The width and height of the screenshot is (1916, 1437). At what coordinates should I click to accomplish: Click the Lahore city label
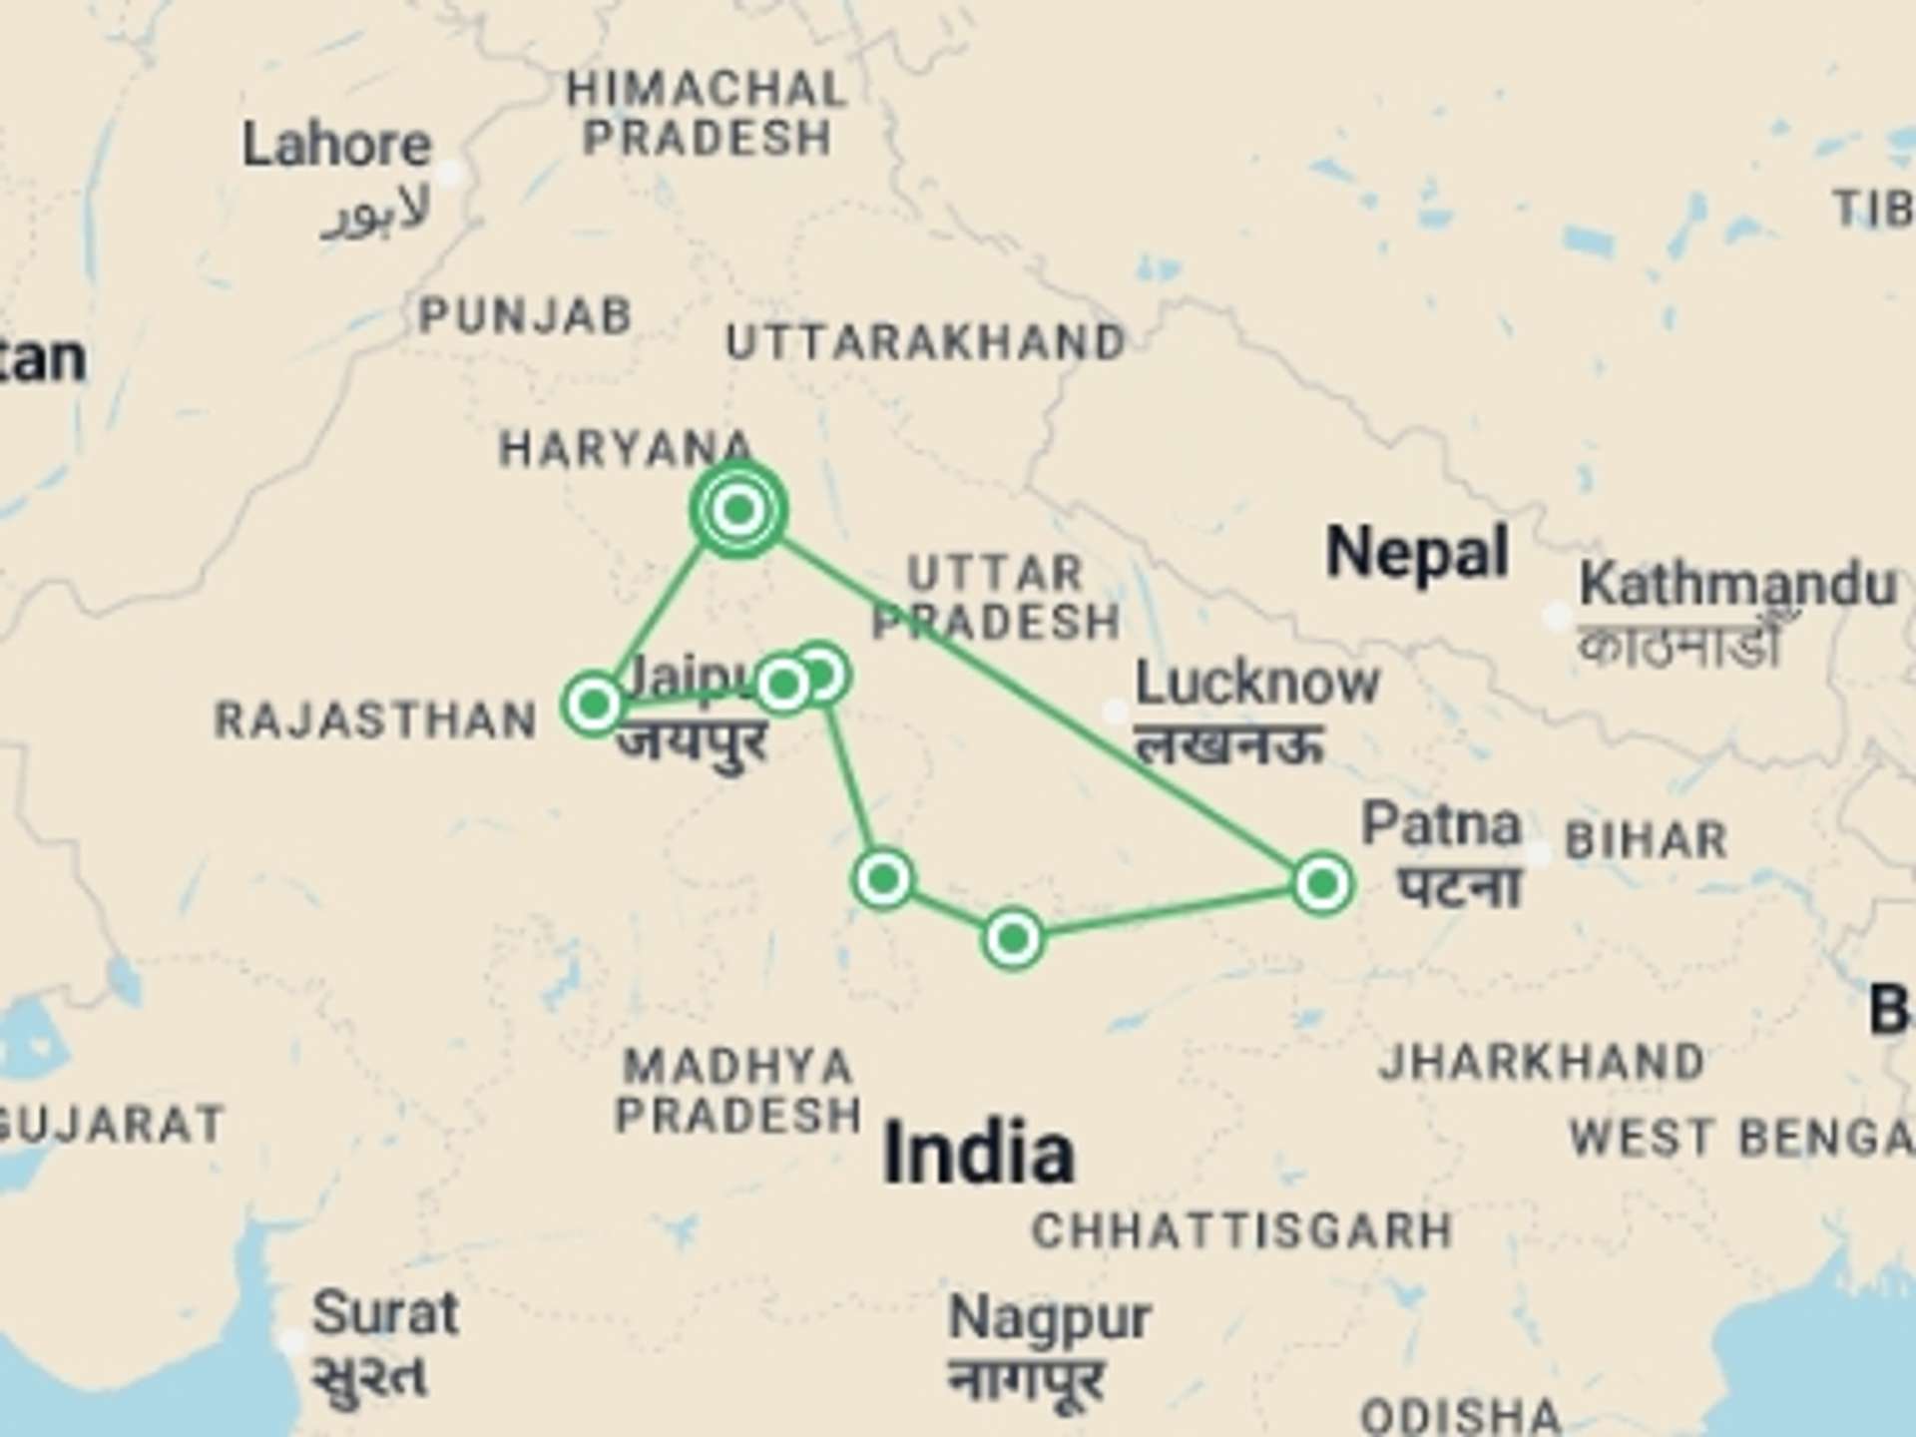click(x=336, y=146)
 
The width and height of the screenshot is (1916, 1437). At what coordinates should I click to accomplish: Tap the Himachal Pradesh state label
click(x=708, y=114)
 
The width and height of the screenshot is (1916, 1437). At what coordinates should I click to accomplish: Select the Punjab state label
click(x=526, y=316)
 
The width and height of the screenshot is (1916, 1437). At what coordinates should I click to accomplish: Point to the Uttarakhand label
click(x=926, y=343)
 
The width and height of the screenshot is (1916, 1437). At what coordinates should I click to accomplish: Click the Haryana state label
click(x=625, y=449)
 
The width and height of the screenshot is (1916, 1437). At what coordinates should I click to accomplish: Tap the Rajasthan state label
click(x=376, y=720)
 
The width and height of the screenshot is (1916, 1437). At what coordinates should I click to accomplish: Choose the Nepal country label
click(x=1417, y=553)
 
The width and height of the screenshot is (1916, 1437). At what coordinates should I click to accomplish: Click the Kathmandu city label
click(x=1737, y=584)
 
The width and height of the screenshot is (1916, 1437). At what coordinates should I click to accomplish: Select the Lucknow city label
click(x=1257, y=685)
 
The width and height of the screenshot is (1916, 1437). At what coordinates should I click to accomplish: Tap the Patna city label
click(x=1441, y=826)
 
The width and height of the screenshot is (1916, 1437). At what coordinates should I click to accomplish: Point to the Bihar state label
click(x=1647, y=840)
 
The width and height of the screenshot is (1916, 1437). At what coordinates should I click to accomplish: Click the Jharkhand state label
click(x=1542, y=1062)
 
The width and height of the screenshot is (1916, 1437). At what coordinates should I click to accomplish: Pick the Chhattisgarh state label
click(x=1242, y=1231)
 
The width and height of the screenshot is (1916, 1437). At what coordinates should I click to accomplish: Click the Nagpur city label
click(x=1050, y=1319)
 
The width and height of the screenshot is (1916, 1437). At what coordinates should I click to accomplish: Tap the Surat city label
click(x=385, y=1313)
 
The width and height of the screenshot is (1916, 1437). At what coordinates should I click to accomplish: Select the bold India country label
click(x=979, y=1154)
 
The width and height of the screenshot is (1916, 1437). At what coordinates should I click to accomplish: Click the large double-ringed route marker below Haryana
click(x=738, y=510)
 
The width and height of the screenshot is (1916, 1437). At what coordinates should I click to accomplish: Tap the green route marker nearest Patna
click(x=1322, y=884)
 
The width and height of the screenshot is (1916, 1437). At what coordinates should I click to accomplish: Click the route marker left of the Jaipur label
click(x=594, y=705)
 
